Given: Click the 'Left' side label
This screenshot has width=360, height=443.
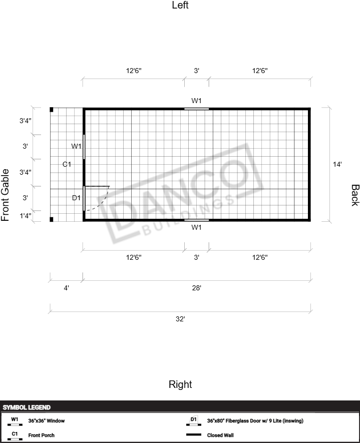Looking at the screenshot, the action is (180, 5).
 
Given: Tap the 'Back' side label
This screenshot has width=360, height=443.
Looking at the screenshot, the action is (355, 195).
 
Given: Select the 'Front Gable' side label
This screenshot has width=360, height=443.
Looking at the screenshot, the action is (5, 195).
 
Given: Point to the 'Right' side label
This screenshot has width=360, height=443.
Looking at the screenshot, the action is (180, 384).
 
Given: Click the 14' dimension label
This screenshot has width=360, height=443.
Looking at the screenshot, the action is (337, 164).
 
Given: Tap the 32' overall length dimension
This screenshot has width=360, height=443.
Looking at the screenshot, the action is (180, 319).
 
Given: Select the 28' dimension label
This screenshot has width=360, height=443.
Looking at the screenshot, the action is (196, 288).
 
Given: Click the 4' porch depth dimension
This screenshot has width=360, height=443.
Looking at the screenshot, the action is (67, 288).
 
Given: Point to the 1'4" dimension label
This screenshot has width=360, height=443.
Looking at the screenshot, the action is (26, 216).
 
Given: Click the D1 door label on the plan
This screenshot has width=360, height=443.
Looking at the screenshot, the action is (76, 198).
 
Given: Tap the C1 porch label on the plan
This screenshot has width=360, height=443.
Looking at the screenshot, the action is (67, 164).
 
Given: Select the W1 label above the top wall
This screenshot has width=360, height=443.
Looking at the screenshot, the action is (196, 101).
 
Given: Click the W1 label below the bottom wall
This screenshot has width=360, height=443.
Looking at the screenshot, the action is (196, 227).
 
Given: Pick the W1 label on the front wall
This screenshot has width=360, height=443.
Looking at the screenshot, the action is (76, 146).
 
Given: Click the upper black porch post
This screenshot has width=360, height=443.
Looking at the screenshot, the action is (52, 110).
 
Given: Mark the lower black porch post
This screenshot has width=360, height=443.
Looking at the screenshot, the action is (52, 219).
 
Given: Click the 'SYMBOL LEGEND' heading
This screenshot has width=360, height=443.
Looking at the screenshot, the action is (27, 407).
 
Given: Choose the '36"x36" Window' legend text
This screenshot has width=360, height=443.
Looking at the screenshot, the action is (47, 420).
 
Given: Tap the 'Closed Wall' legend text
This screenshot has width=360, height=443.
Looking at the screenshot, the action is (220, 435).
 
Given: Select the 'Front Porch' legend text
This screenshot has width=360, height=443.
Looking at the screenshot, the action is (41, 435).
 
